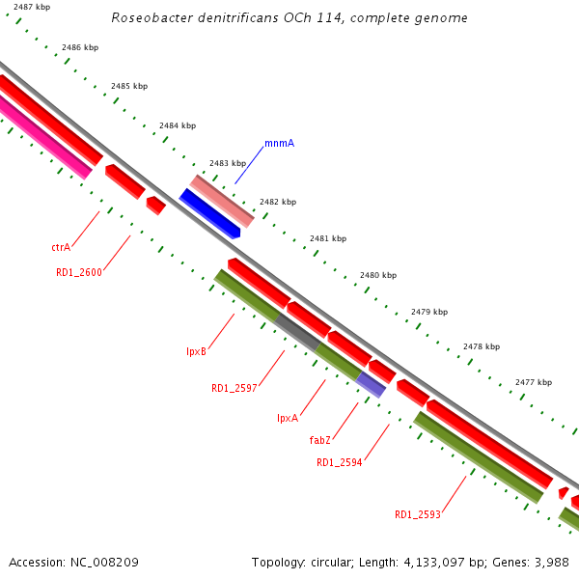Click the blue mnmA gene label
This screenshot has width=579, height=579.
[279, 143]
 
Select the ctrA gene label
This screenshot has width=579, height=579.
[61, 247]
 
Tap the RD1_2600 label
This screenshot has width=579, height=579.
[79, 272]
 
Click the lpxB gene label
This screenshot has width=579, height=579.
[196, 351]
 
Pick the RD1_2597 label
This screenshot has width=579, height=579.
[234, 388]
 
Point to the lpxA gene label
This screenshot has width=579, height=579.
[288, 418]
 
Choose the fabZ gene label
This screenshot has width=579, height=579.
[320, 440]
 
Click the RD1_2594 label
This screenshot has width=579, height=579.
[340, 462]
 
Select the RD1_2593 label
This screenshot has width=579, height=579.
[418, 514]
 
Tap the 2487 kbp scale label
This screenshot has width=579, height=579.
[32, 8]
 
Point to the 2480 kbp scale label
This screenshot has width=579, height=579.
[378, 275]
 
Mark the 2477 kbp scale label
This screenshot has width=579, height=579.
[534, 382]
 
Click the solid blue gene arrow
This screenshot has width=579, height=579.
[209, 212]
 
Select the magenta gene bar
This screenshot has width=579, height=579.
[43, 139]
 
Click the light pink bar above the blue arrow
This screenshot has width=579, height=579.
[222, 200]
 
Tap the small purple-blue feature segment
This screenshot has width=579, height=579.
[372, 384]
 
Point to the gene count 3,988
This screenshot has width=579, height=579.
[551, 562]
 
